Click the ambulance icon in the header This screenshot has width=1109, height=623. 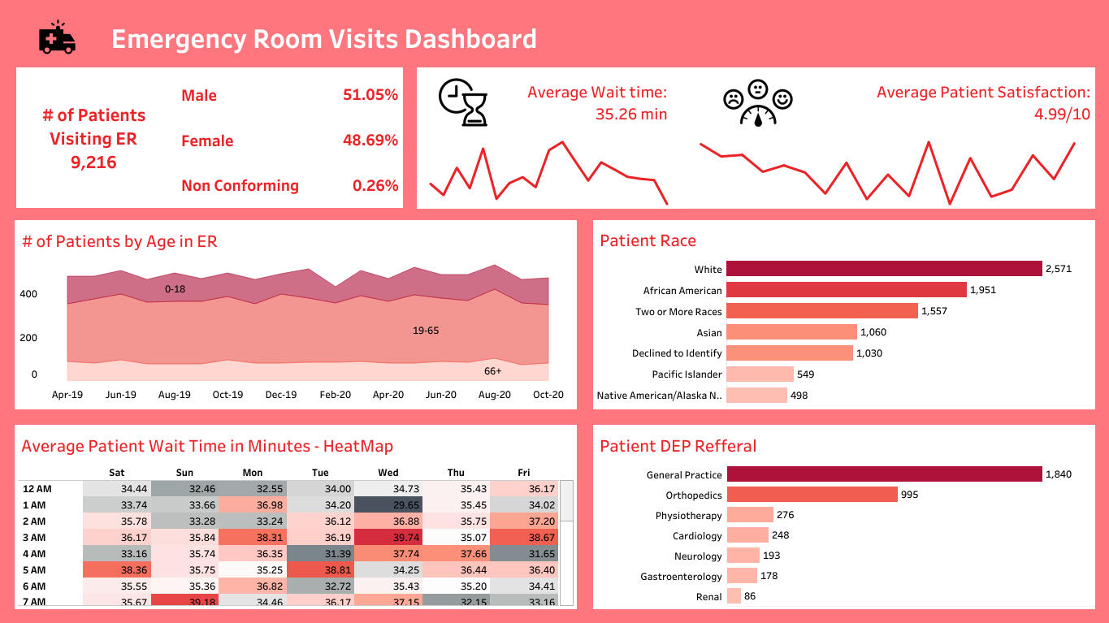click(x=57, y=38)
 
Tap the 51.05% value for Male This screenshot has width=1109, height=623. click(x=370, y=95)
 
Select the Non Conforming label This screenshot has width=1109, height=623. click(x=240, y=186)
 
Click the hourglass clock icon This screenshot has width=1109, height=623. click(x=463, y=102)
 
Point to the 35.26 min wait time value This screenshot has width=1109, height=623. click(x=630, y=115)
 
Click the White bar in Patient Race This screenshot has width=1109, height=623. click(x=884, y=269)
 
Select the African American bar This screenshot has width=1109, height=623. click(x=846, y=290)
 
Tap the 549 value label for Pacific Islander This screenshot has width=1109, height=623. click(x=805, y=374)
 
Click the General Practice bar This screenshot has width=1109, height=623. click(x=884, y=474)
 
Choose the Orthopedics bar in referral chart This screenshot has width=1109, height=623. click(x=812, y=495)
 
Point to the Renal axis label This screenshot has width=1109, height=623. click(x=708, y=597)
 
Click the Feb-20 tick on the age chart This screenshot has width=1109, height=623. click(x=334, y=395)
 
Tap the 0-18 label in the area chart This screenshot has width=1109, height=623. click(x=175, y=288)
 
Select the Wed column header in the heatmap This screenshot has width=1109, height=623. click(x=388, y=473)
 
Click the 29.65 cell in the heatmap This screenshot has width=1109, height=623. click(x=388, y=505)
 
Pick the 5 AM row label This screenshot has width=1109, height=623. click(x=36, y=570)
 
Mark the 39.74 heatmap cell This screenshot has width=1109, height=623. click(x=388, y=538)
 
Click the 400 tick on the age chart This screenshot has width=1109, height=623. click(x=28, y=294)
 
